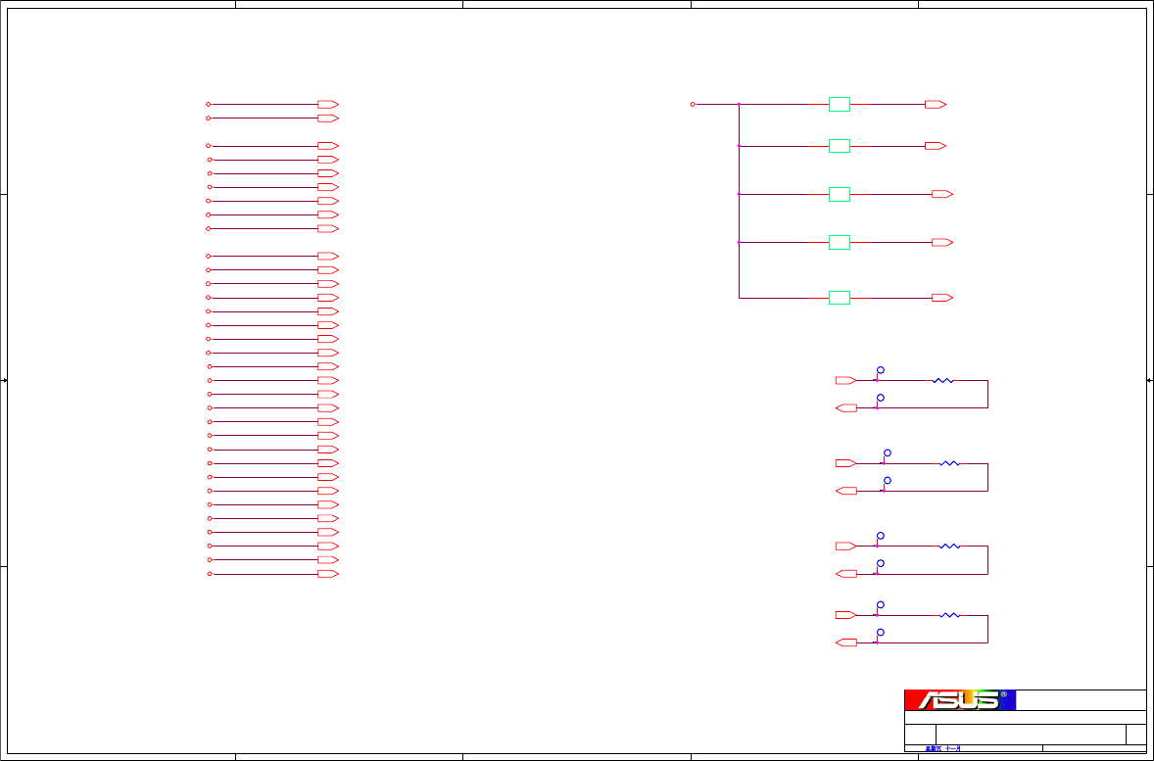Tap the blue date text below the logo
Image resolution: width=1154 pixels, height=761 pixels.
tap(943, 749)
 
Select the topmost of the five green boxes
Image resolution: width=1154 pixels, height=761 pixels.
tap(840, 104)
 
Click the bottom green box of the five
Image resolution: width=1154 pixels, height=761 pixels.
tap(840, 297)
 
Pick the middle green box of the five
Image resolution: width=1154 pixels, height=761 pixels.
tap(840, 194)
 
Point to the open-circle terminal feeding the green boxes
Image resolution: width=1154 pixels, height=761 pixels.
tap(693, 104)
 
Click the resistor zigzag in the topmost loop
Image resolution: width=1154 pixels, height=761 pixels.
tap(942, 380)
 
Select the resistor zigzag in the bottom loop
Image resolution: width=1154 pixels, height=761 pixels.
tap(949, 615)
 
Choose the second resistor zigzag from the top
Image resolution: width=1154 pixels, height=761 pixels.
tap(949, 463)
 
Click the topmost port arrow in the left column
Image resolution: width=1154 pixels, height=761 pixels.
tap(328, 104)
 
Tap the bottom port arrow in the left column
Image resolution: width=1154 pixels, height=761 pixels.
tap(328, 574)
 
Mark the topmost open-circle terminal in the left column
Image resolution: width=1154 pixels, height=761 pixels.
tap(208, 104)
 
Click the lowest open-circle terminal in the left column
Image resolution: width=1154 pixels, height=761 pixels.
tap(210, 574)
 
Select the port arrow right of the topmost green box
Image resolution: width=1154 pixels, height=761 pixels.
tap(936, 104)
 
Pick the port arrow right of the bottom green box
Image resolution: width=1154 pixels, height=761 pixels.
tap(942, 297)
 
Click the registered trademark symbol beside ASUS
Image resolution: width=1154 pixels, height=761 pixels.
tap(1003, 694)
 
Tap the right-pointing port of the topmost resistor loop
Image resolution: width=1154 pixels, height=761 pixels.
tap(845, 380)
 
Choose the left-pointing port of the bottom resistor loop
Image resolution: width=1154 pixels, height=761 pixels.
tap(845, 642)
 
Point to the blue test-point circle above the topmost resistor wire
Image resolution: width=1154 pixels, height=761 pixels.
tap(881, 370)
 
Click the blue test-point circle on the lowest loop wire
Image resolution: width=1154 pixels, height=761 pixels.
tap(881, 633)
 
